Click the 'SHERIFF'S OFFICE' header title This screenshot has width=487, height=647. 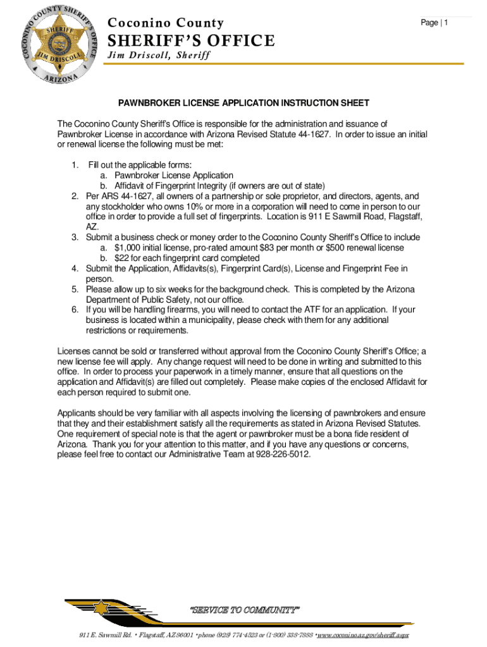[192, 41]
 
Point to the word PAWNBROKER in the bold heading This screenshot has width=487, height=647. [147, 102]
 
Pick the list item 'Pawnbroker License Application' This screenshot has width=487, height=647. [174, 175]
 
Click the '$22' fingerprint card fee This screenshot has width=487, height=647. [122, 258]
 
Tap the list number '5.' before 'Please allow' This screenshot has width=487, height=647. [75, 289]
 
